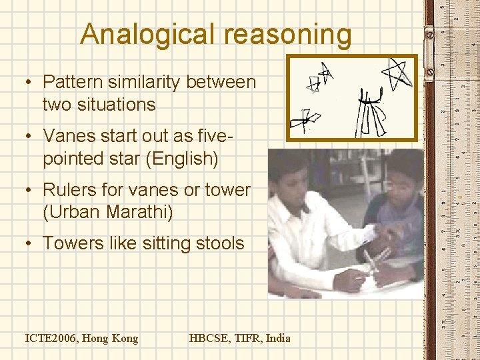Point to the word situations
99,105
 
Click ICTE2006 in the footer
52,338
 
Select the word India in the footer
279,338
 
